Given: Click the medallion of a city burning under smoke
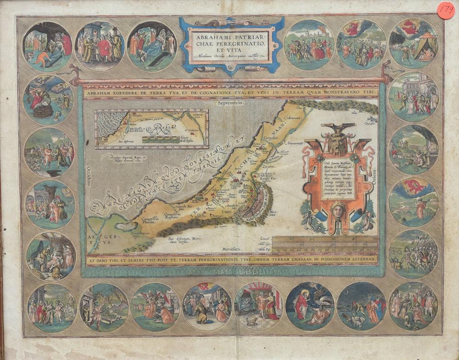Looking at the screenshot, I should (413, 149).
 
